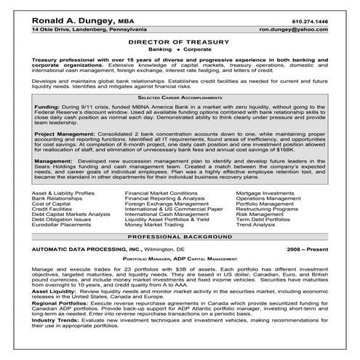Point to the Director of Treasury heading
coord(179,44)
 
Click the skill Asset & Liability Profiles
coord(64,212)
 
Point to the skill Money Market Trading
coord(152,246)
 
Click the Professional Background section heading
coord(179,259)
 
